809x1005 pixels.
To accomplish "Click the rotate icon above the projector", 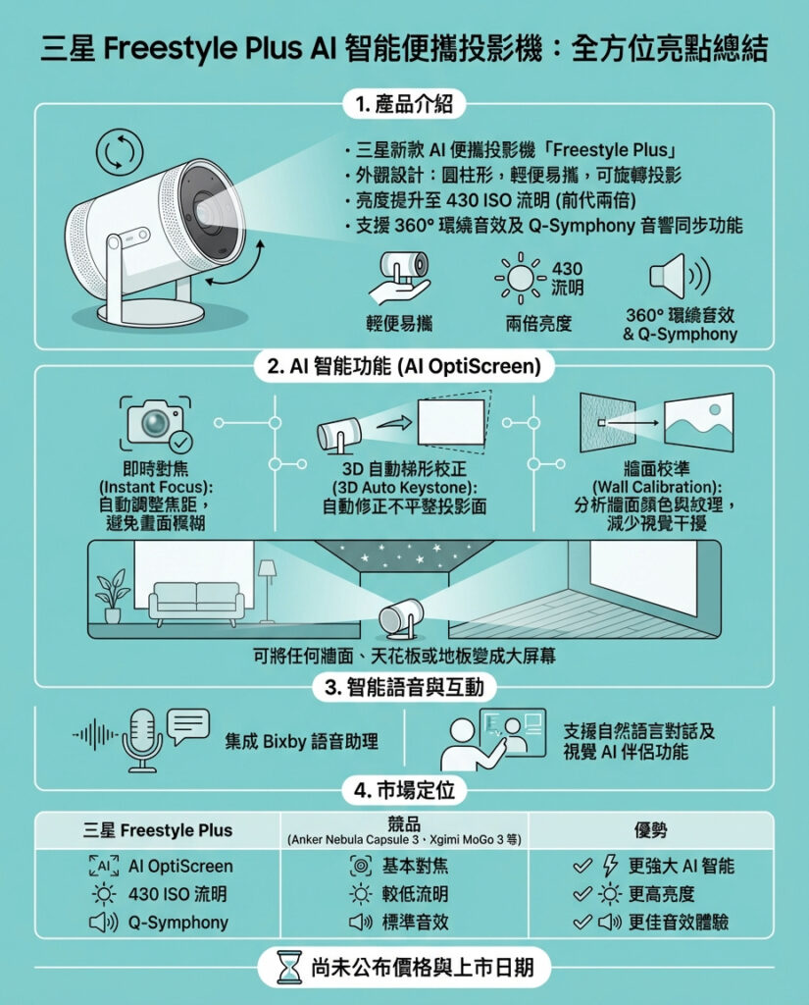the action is tap(120, 152).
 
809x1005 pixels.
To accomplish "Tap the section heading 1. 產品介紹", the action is tap(404, 104).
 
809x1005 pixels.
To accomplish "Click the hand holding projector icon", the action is tap(398, 277).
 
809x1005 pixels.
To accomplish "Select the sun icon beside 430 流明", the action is tap(521, 278).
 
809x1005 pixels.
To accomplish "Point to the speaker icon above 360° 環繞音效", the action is tap(680, 276).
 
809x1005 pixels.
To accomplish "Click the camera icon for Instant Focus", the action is tap(156, 423).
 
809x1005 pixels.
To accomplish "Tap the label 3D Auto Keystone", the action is tap(404, 488).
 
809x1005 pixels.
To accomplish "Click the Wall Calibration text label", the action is tap(657, 488).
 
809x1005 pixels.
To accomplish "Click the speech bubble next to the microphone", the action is tap(187, 726).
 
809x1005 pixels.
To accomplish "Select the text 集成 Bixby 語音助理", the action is tap(301, 742).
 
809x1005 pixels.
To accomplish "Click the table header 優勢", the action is tap(651, 830).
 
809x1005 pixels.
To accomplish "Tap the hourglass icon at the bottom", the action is tap(289, 967).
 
